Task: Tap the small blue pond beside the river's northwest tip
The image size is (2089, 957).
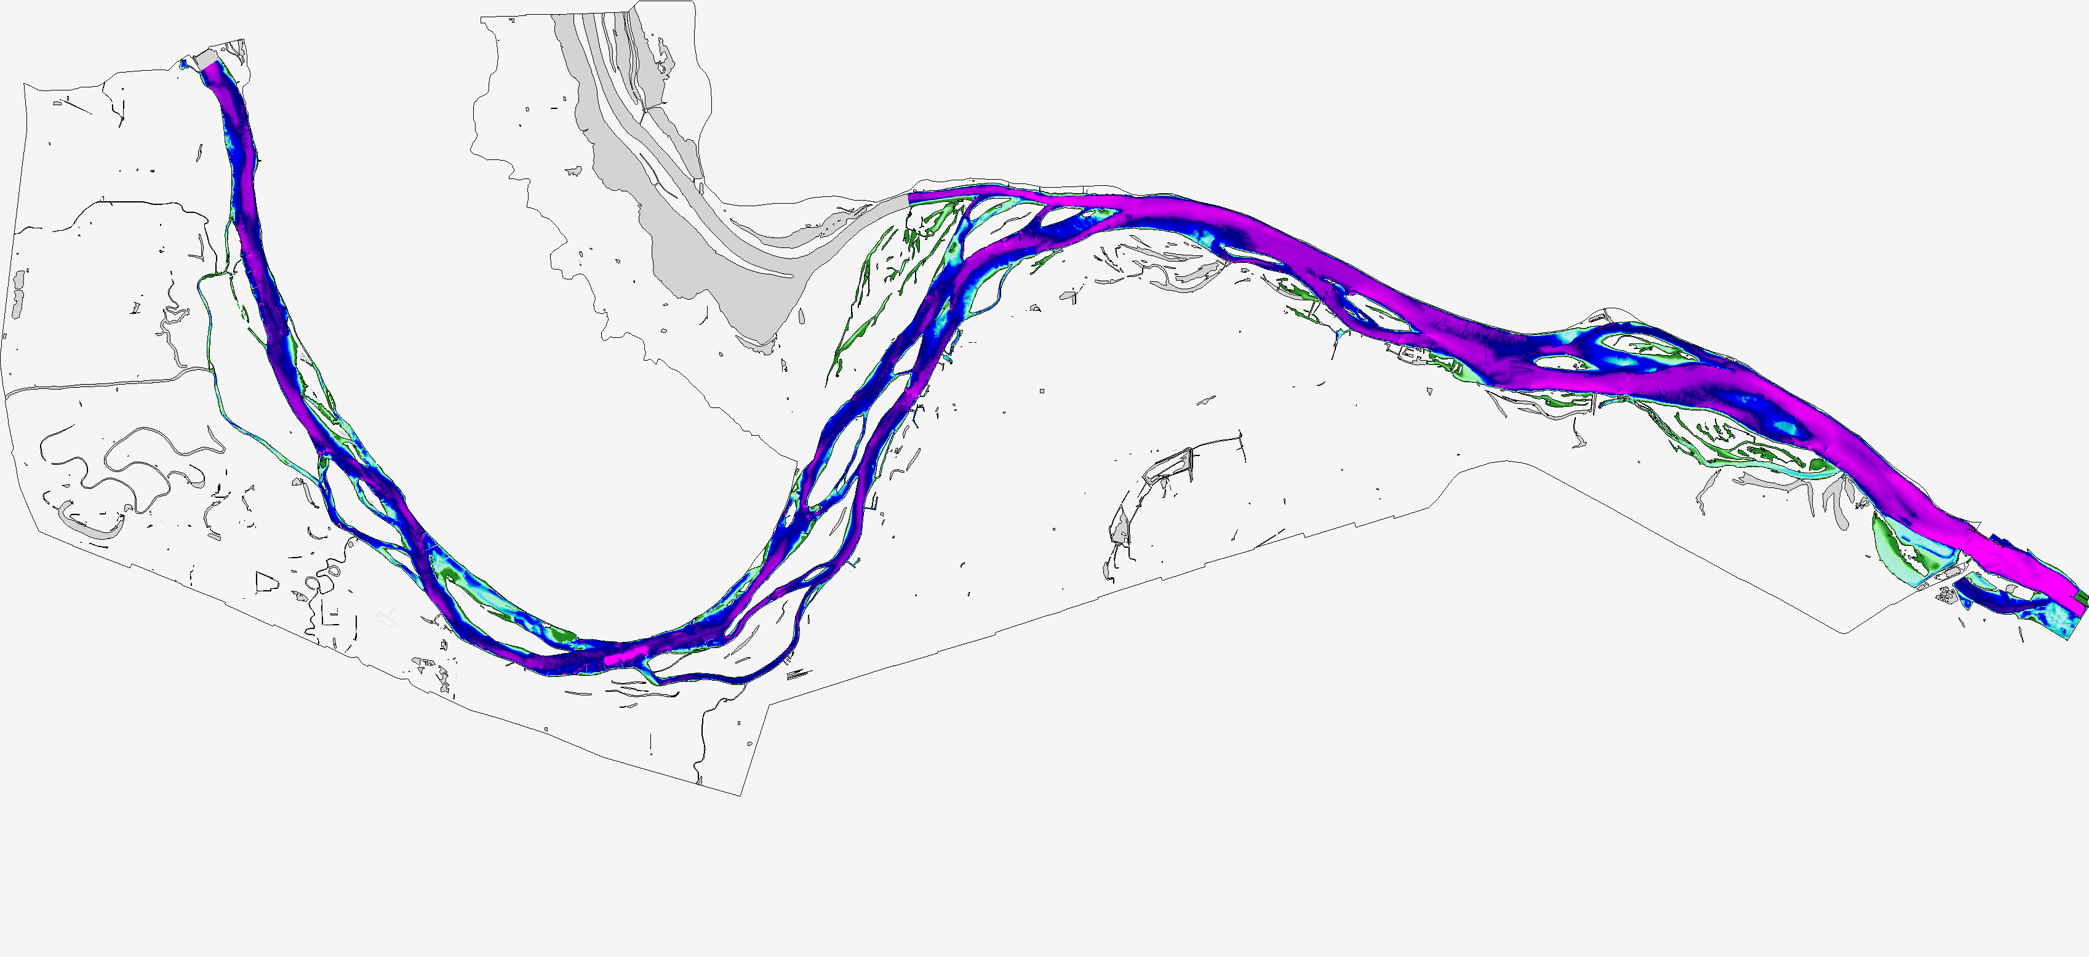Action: point(184,63)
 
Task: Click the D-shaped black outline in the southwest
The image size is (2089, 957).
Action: point(265,582)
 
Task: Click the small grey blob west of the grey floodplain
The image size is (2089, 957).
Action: point(574,171)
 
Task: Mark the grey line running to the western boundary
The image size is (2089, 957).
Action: point(105,381)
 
